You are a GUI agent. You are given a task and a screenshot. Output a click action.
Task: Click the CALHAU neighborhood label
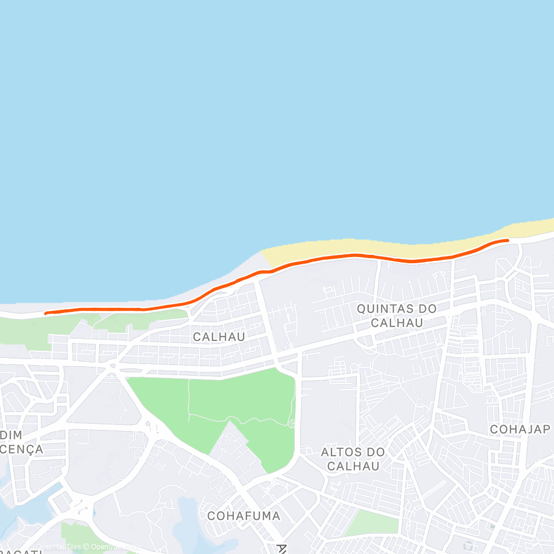tap(219, 336)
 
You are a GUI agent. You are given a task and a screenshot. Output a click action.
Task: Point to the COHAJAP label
tap(520, 429)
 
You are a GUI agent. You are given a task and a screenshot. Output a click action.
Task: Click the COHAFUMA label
tap(243, 516)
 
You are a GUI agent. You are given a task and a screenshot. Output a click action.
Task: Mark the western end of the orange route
tap(46, 313)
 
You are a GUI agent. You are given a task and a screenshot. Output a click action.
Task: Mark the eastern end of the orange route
tap(507, 240)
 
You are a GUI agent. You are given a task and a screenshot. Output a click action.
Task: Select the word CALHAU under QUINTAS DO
tap(397, 322)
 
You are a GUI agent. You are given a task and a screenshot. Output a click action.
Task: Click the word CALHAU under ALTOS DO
tap(353, 466)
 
